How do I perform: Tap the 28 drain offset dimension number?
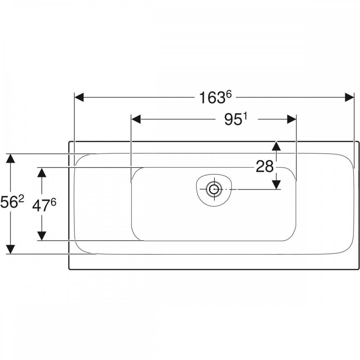pyautogui.click(x=265, y=166)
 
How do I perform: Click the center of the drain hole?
pyautogui.click(x=215, y=189)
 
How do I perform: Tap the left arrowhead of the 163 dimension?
pyautogui.click(x=79, y=97)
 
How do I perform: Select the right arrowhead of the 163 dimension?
pyautogui.click(x=350, y=97)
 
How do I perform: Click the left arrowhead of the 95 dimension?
pyautogui.click(x=136, y=119)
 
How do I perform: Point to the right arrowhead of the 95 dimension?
pyautogui.click(x=292, y=119)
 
